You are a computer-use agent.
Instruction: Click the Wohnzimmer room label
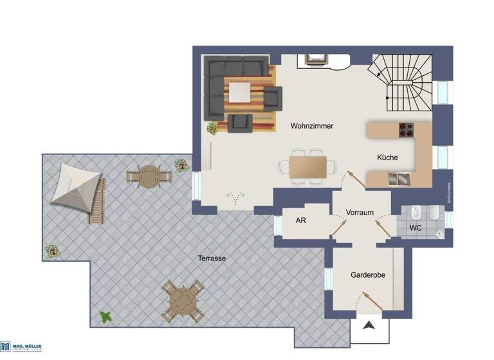311,126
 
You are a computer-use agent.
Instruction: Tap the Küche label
387,157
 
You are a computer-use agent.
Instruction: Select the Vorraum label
360,213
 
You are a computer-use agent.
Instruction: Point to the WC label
416,228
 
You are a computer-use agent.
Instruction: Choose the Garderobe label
368,275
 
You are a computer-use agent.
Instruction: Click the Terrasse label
211,258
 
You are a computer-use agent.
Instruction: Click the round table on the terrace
149,176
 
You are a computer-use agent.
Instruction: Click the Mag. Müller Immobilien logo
21,347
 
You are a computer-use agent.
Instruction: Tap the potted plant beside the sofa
212,128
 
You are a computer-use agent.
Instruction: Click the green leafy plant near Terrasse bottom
105,317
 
